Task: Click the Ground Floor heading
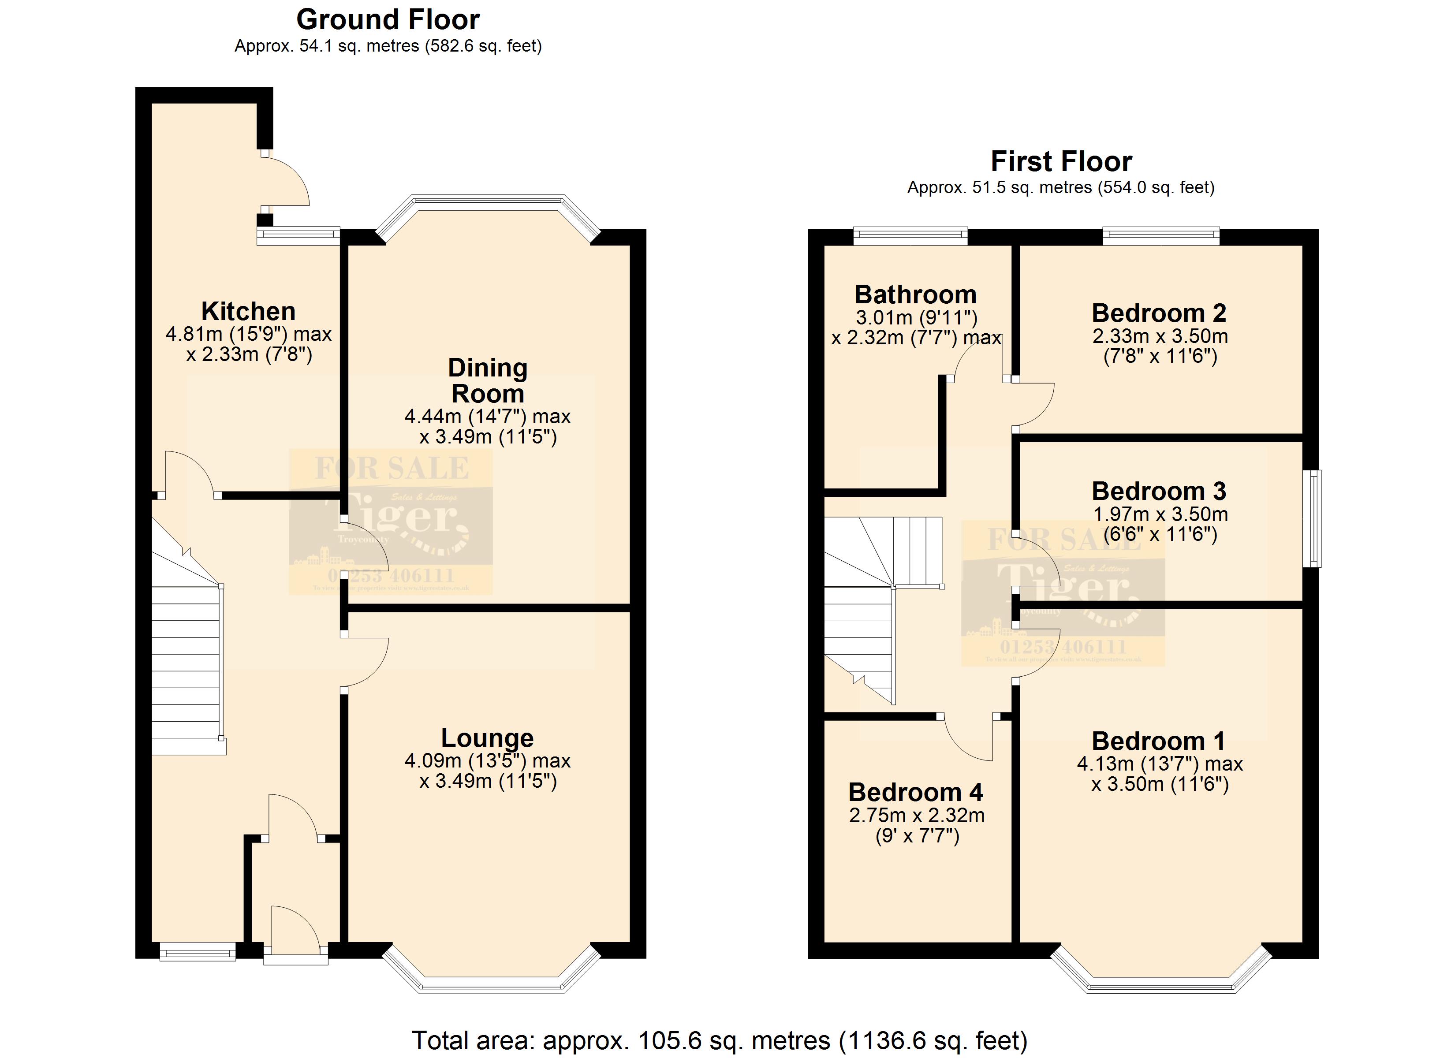[388, 20]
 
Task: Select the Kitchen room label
[248, 312]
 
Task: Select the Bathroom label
[915, 295]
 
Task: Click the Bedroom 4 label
[915, 792]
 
